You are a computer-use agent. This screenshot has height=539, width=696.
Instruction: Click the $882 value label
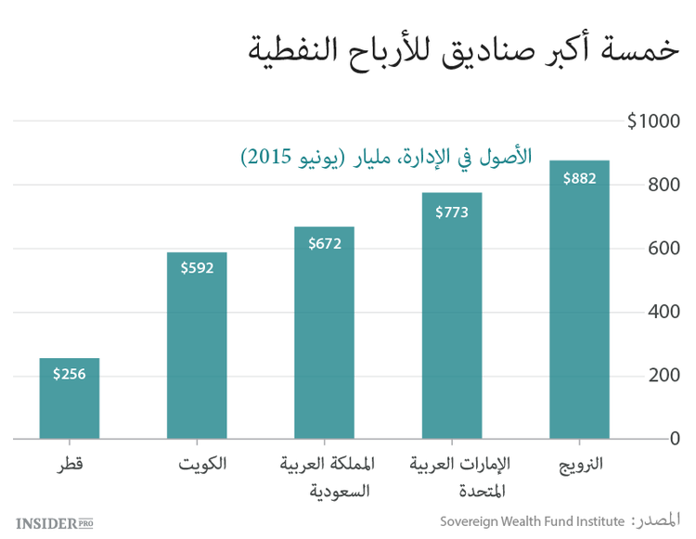579,179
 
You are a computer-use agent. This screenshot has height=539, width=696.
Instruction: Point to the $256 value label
70,375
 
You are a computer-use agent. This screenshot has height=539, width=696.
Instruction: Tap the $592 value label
197,269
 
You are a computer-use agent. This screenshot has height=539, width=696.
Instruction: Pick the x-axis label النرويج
579,461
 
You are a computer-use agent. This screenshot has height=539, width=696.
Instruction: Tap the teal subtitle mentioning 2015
386,156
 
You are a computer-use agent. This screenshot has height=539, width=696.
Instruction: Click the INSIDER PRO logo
55,522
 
